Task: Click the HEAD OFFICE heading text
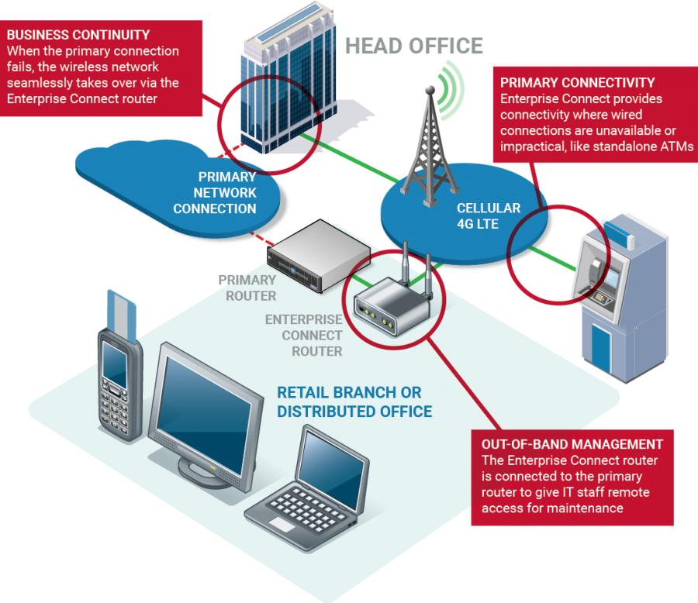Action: click(x=414, y=46)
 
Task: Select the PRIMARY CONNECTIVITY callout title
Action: click(x=577, y=83)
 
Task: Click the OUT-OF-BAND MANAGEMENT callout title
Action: click(x=572, y=444)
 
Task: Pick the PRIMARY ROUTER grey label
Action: click(x=247, y=287)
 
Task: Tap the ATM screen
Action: click(x=612, y=275)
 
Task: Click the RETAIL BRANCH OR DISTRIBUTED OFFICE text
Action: click(x=354, y=401)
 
